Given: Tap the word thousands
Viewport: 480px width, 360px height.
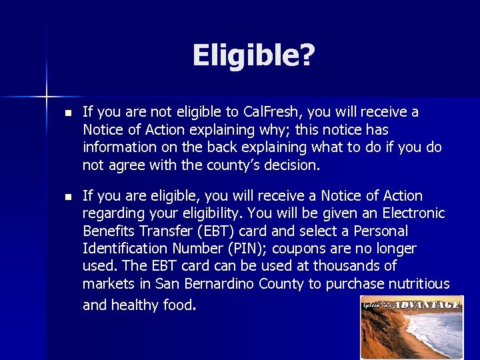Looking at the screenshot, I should click(x=345, y=266).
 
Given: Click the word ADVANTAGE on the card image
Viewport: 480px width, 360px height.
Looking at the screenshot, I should click(x=427, y=305).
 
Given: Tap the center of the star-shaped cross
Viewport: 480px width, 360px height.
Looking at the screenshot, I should click(x=47, y=97).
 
